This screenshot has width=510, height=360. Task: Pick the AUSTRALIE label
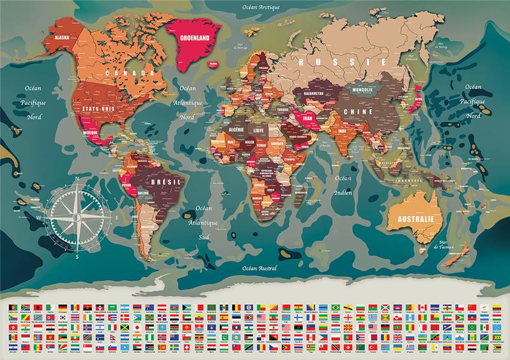(412, 219)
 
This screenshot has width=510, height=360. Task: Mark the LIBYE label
(259, 130)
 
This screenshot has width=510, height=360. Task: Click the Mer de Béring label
(445, 46)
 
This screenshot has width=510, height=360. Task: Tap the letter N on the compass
(77, 178)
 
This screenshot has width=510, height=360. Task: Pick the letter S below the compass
(77, 256)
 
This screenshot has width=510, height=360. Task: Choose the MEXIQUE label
(90, 133)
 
